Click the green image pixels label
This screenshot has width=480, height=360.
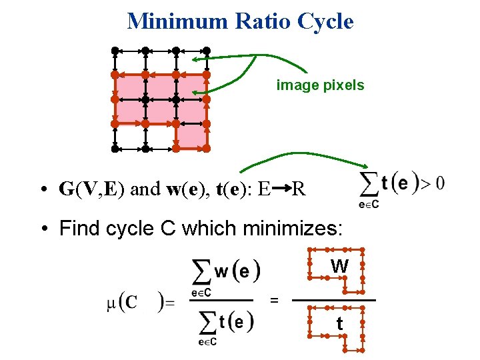pos(320,85)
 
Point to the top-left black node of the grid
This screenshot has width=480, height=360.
pos(115,50)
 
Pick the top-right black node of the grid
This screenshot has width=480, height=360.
pos(207,50)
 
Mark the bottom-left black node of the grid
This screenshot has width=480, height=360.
pos(115,149)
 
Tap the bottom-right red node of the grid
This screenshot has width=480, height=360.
pos(207,149)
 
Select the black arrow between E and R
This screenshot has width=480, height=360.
pos(281,189)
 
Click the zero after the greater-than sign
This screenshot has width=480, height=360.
pos(440,182)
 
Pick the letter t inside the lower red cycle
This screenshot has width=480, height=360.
pos(339,325)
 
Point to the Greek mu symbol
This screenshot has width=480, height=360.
pos(111,304)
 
